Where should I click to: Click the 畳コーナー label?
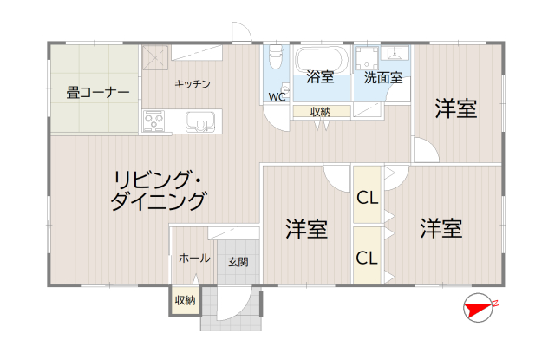[x=97, y=91]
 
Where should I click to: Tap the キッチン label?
[x=193, y=83]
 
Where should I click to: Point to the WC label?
[x=277, y=96]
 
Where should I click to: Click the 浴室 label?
[x=320, y=77]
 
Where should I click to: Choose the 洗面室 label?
[x=382, y=77]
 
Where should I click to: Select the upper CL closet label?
[x=367, y=197]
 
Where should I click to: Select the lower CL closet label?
[x=367, y=258]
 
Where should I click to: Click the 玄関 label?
[x=238, y=260]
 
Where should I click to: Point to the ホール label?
[x=193, y=259]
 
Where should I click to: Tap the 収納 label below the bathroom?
[x=320, y=111]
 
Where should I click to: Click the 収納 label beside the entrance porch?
[x=185, y=300]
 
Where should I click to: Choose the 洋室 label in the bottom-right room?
[x=441, y=229]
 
